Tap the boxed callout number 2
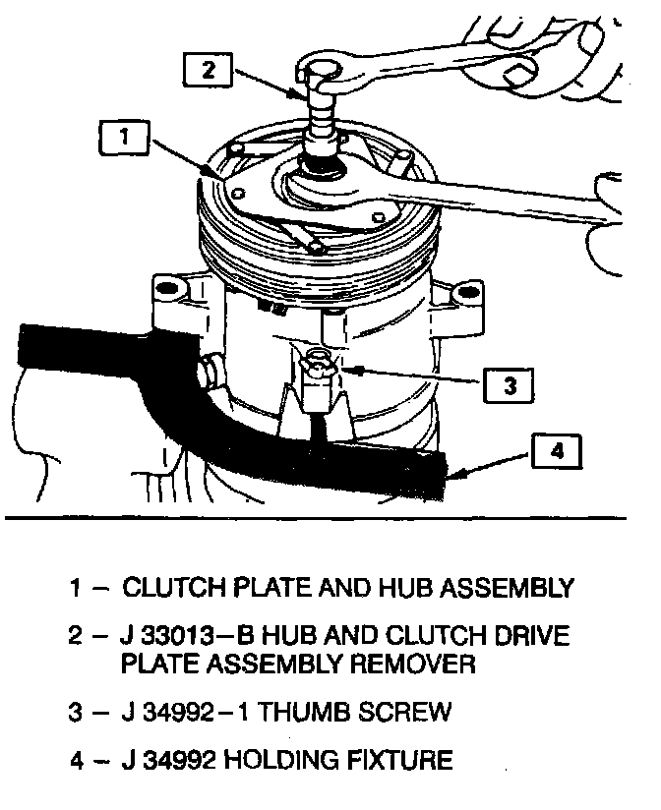(x=209, y=70)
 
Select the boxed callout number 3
(x=509, y=386)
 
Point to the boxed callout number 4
(x=557, y=454)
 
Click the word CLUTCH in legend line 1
(x=169, y=589)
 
